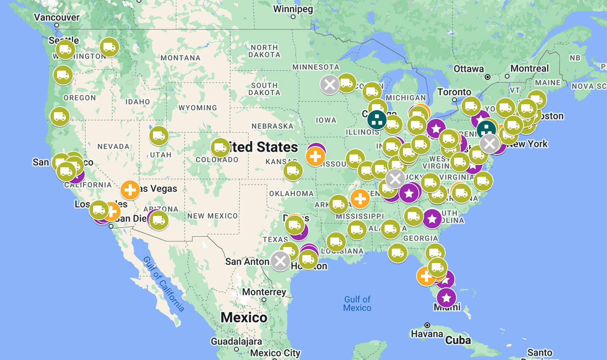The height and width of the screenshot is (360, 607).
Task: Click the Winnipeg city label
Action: click(x=293, y=9)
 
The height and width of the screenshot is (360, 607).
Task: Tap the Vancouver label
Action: click(x=57, y=17)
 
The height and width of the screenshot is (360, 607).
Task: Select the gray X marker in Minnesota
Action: click(x=330, y=85)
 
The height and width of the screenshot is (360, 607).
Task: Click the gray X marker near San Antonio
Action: click(x=280, y=261)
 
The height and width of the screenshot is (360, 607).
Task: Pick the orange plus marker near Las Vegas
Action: click(x=130, y=190)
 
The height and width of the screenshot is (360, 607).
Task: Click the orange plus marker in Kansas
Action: click(x=315, y=156)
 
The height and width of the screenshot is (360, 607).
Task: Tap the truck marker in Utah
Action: click(x=159, y=136)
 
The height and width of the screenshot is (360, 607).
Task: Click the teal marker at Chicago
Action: click(x=377, y=119)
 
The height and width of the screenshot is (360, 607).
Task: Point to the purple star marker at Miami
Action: click(x=446, y=298)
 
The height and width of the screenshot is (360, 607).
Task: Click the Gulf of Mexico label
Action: click(x=357, y=303)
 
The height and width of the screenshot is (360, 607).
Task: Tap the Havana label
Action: click(x=427, y=334)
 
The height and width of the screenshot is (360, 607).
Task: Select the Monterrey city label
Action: click(x=264, y=292)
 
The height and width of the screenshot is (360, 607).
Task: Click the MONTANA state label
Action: click(x=181, y=58)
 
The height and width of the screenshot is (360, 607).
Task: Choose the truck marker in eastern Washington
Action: click(x=109, y=47)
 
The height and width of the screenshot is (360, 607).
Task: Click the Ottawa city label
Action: click(x=469, y=69)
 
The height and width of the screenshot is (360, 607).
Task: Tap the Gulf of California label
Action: click(x=164, y=284)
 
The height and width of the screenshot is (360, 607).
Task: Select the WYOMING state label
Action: click(x=198, y=108)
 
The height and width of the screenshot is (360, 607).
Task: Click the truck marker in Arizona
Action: click(x=159, y=220)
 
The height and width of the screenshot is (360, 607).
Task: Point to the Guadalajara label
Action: click(x=236, y=341)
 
